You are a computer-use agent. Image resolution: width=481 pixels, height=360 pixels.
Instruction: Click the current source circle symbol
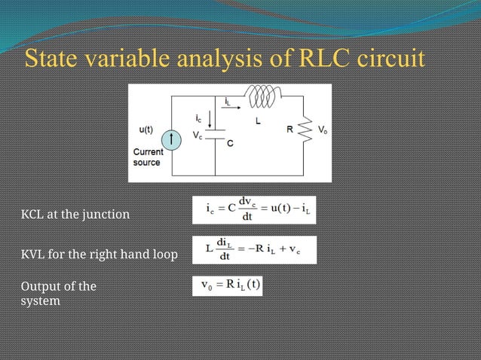173,139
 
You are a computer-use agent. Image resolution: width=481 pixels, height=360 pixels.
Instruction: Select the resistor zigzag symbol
306,133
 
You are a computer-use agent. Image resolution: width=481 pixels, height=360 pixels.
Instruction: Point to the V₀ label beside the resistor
322,130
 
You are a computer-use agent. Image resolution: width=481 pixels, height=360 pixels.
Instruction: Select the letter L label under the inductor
257,120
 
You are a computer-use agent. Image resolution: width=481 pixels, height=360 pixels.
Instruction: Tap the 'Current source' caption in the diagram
147,157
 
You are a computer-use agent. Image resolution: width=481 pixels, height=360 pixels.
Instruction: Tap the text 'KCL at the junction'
75,215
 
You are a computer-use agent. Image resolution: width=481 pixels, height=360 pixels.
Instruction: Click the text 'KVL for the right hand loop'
99,255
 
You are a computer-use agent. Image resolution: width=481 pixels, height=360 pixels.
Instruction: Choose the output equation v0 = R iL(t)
230,286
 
